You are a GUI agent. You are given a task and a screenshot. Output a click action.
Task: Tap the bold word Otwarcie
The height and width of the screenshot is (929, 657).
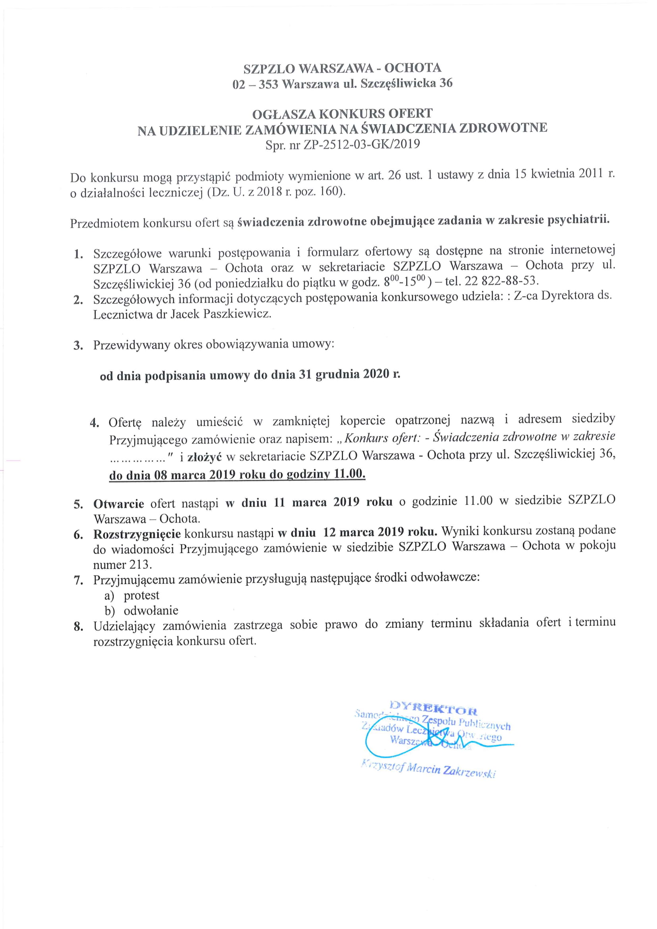118,503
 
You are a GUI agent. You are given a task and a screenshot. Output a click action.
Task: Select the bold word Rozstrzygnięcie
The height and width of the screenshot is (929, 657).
137,534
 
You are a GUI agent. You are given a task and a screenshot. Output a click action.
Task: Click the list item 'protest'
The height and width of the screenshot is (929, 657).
141,595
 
